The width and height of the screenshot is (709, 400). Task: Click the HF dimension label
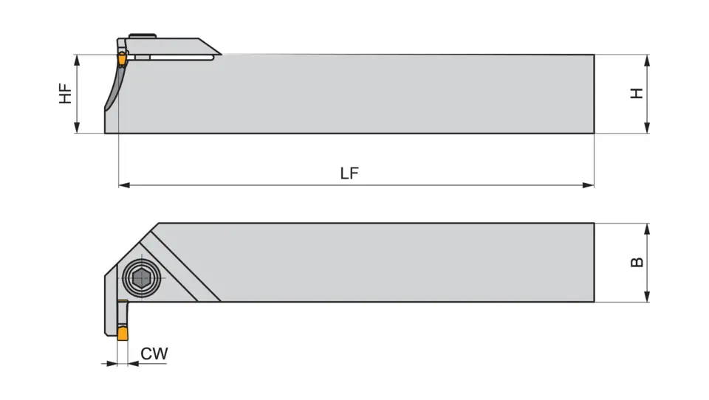coord(66,94)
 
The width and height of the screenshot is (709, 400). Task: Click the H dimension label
coord(637,94)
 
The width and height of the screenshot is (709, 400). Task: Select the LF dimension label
coord(349,173)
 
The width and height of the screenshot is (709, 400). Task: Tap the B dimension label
coord(637,262)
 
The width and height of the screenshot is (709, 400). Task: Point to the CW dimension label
coord(154,354)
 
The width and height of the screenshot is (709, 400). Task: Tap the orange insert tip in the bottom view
coord(123,334)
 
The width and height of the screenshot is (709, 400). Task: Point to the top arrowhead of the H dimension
coord(647,60)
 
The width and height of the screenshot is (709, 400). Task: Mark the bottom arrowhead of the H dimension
coord(647,128)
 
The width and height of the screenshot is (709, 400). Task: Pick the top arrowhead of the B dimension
coord(647,229)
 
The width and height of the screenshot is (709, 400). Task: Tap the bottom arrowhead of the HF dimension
coord(77,128)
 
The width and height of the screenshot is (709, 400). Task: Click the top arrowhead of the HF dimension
coord(77,60)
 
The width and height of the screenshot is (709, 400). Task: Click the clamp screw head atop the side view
coord(143,35)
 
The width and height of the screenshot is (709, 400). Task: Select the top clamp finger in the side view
coord(177,46)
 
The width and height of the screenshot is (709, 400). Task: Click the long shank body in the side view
coord(369,94)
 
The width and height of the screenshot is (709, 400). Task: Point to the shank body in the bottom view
coord(384,262)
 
